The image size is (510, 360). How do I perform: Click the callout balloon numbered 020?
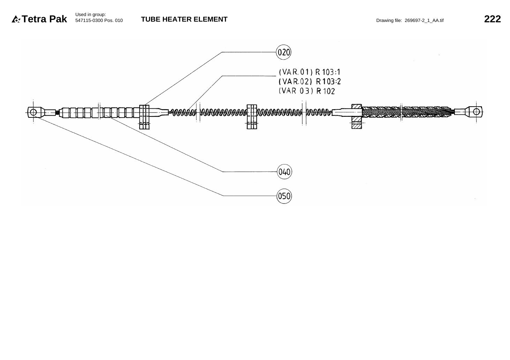pyautogui.click(x=284, y=52)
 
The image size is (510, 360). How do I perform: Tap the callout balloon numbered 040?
pyautogui.click(x=284, y=172)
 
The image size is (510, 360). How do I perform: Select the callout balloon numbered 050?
pyautogui.click(x=284, y=196)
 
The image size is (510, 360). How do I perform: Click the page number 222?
pyautogui.click(x=492, y=19)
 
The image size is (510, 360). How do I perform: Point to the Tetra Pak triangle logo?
pyautogui.click(x=16, y=19)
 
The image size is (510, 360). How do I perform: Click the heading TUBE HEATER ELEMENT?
pyautogui.click(x=184, y=19)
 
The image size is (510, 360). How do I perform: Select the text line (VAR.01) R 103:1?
pyautogui.click(x=310, y=72)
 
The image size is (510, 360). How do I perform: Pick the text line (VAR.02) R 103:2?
pyautogui.click(x=310, y=82)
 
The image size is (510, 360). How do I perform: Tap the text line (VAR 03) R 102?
pyautogui.click(x=307, y=91)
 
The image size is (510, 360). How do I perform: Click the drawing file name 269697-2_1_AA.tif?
pyautogui.click(x=424, y=21)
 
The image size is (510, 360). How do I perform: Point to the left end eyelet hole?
pyautogui.click(x=33, y=112)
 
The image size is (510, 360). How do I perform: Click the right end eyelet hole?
pyautogui.click(x=476, y=112)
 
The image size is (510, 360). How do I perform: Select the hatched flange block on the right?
pyautogui.click(x=357, y=117)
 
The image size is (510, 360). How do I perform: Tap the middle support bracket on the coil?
pyautogui.click(x=252, y=117)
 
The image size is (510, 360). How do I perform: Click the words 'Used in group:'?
pyautogui.click(x=91, y=15)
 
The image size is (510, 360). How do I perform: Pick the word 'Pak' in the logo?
pyautogui.click(x=58, y=19)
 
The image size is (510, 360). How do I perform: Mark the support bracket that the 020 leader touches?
pyautogui.click(x=144, y=117)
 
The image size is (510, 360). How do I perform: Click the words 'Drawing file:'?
pyautogui.click(x=389, y=21)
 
